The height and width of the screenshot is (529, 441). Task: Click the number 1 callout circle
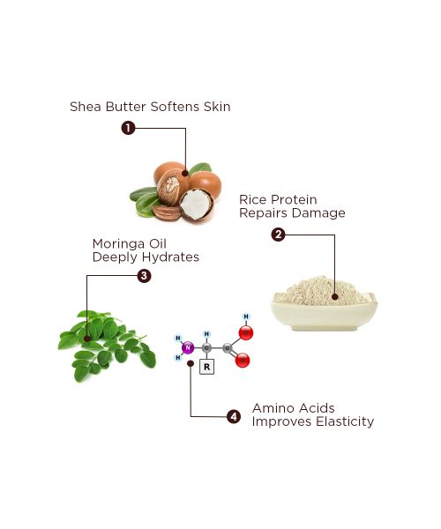128,128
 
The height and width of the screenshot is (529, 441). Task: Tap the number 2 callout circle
278,235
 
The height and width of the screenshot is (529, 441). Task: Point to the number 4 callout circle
233,415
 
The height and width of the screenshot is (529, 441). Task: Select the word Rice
255,200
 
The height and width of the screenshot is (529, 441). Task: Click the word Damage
319,213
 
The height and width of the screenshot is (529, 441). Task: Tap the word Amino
273,408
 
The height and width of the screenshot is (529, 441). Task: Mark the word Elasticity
340,421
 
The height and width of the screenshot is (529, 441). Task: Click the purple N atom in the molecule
187,348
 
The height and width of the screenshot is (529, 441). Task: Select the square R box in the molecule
207,367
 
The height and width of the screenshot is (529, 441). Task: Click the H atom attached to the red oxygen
246,316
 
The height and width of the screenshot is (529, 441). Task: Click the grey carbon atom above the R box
207,347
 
